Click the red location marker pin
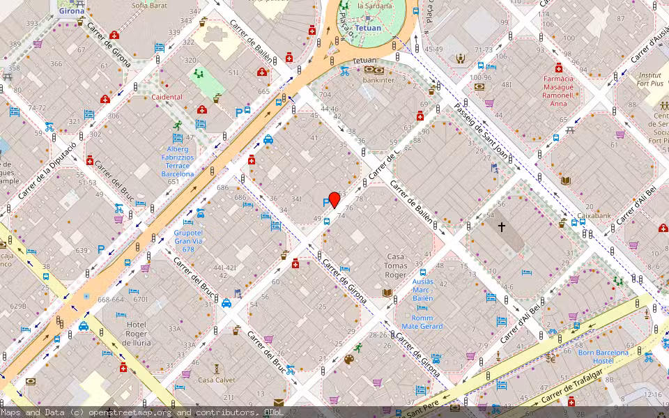click(x=334, y=200)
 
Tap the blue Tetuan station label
click(x=368, y=29)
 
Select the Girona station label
click(x=71, y=11)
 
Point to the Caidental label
click(x=167, y=97)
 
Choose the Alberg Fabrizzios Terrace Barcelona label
click(x=178, y=161)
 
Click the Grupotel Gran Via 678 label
click(x=188, y=241)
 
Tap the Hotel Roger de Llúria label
click(x=136, y=333)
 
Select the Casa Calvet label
click(x=215, y=380)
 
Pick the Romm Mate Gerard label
click(x=422, y=322)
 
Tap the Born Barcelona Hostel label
click(x=603, y=357)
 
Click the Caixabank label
click(x=594, y=216)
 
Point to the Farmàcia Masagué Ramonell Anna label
click(x=559, y=91)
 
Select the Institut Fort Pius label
click(x=649, y=79)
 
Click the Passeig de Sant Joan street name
click(x=481, y=130)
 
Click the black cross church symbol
click(x=501, y=227)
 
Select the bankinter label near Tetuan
click(x=378, y=80)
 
